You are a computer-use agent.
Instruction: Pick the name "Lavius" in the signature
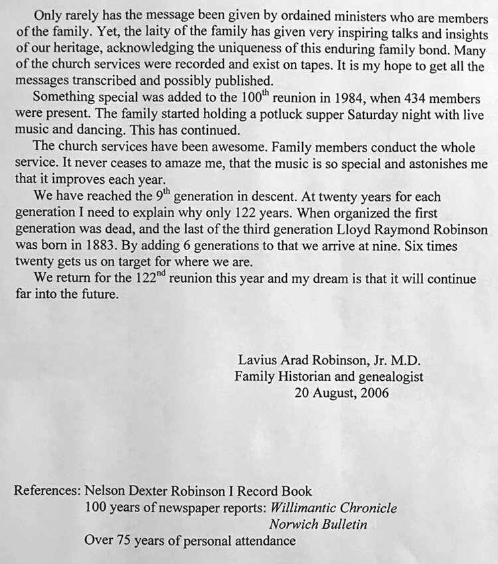click(x=255, y=362)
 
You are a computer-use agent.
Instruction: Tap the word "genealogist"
click(x=390, y=377)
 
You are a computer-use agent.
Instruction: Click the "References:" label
click(x=46, y=492)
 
